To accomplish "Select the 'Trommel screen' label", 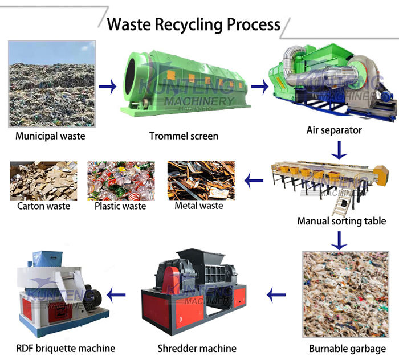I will pyautogui.click(x=184, y=136).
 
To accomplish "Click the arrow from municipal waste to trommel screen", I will pyautogui.click(x=108, y=87).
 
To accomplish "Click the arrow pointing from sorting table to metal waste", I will pyautogui.click(x=254, y=182).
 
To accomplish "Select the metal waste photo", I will pyautogui.click(x=201, y=180).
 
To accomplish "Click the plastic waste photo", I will pyautogui.click(x=120, y=180).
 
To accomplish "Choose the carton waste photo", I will pyautogui.click(x=43, y=180).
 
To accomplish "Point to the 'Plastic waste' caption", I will pyautogui.click(x=120, y=206).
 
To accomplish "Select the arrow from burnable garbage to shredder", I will pyautogui.click(x=276, y=295).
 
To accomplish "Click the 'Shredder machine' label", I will pyautogui.click(x=197, y=348).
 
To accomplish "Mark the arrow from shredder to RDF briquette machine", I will pyautogui.click(x=117, y=295).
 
